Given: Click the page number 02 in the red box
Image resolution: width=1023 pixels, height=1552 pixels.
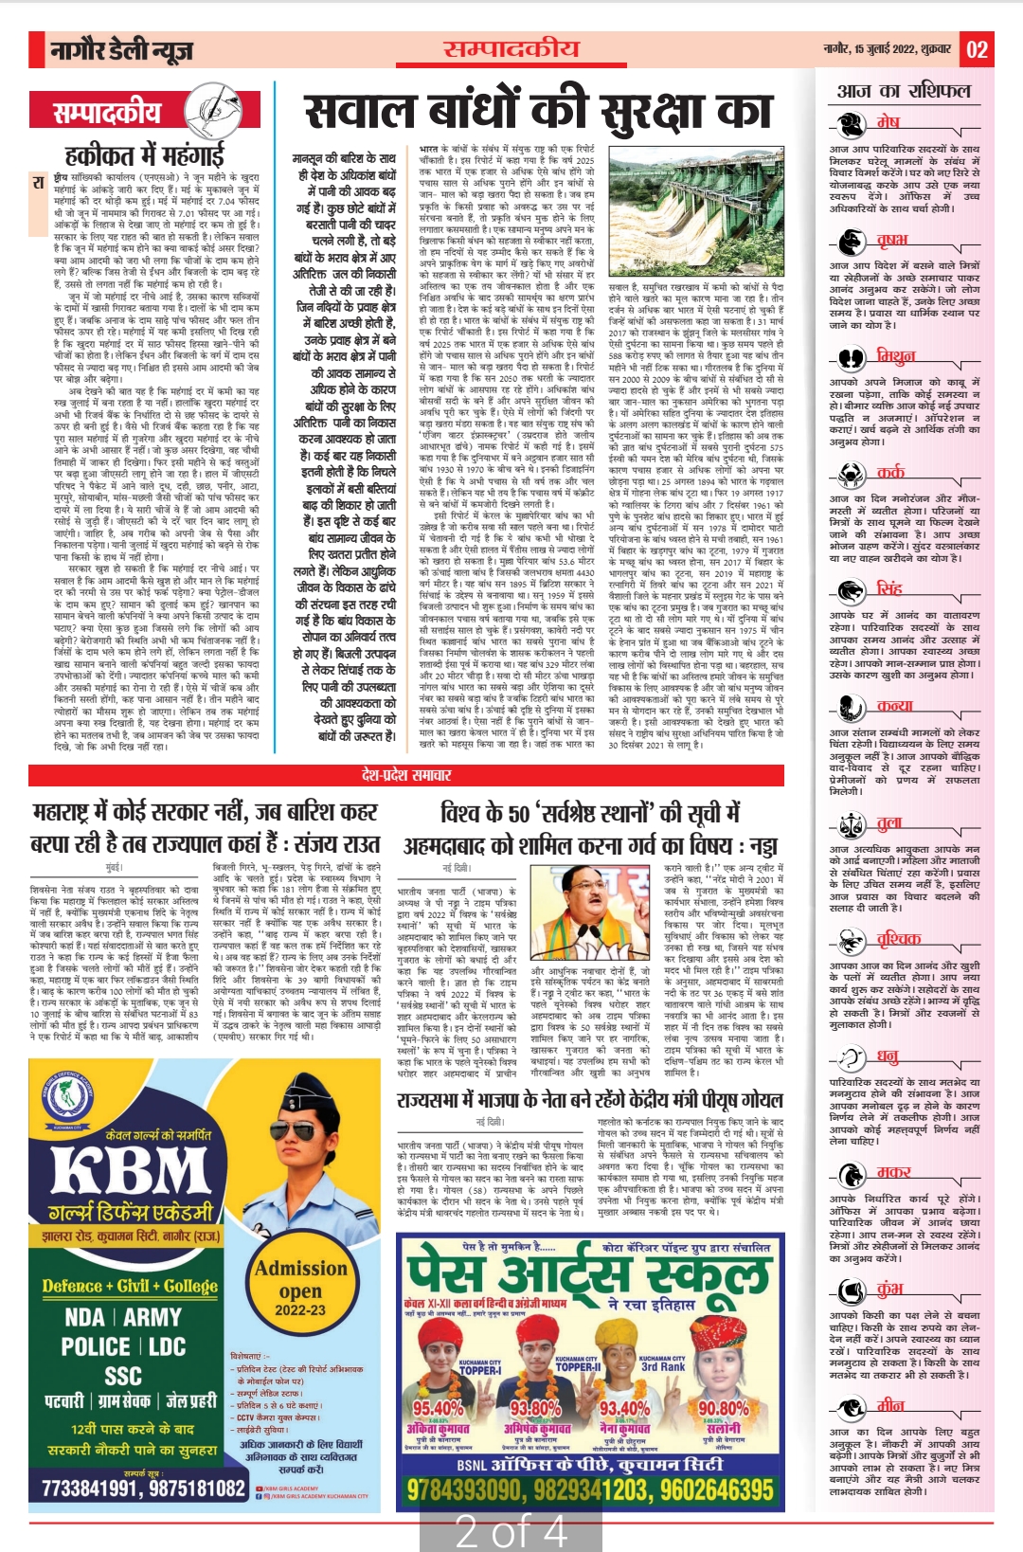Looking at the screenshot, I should click(x=978, y=49).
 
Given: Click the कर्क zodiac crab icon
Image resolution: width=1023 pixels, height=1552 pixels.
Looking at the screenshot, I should click(x=849, y=474).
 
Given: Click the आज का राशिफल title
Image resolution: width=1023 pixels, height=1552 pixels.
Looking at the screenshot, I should click(x=904, y=91).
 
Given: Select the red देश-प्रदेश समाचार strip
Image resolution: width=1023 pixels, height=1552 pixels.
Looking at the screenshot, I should click(x=407, y=775).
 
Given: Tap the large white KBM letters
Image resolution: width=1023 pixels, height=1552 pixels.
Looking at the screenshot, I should click(x=129, y=1170).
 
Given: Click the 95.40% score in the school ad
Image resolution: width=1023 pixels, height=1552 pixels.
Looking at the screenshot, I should click(x=438, y=1409).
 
